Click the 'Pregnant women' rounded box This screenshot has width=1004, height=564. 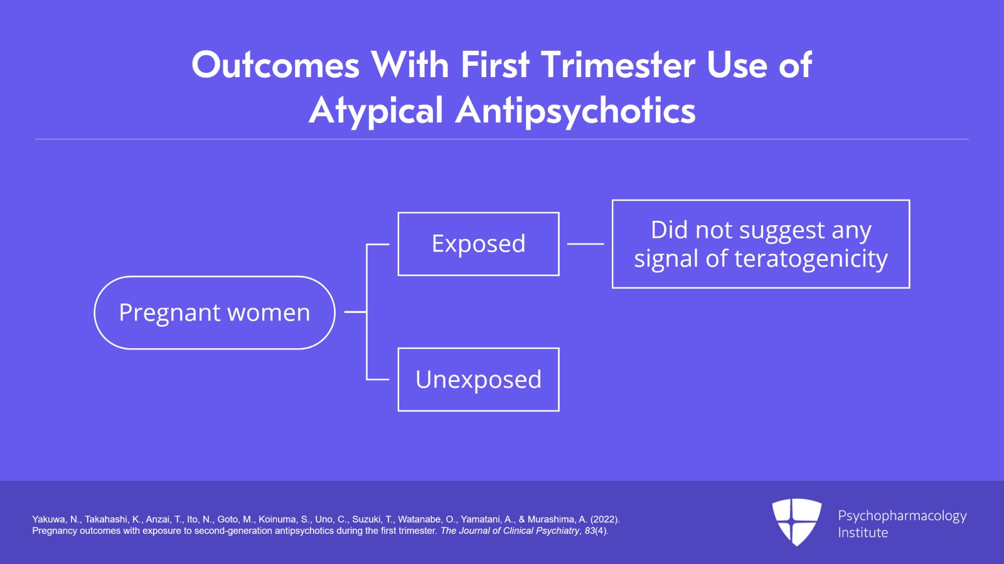214,312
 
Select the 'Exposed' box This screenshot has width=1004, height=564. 478,244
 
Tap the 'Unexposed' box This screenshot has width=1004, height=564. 478,380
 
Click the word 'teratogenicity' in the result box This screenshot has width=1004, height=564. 811,259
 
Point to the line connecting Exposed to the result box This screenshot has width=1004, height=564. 585,244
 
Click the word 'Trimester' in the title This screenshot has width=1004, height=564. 618,65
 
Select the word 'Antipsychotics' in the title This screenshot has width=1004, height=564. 575,111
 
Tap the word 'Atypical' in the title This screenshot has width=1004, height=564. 376,111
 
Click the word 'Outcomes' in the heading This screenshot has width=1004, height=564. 275,65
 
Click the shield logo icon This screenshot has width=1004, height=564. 796,521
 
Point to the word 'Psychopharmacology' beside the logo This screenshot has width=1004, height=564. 902,516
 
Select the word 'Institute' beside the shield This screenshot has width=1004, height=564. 863,533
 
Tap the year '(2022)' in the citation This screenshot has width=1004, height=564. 604,519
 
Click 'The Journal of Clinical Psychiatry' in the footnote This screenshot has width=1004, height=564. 510,531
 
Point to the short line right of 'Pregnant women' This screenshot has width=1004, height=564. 355,312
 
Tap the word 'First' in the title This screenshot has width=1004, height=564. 494,65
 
